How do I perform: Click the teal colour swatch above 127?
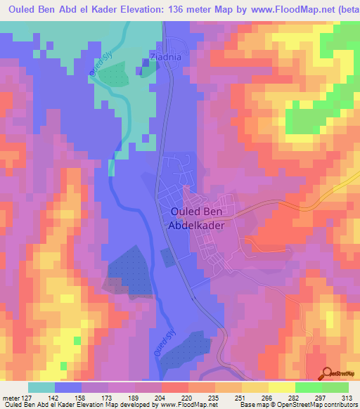point(41,387)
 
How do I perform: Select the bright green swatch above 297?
point(308,387)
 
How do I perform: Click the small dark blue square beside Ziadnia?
point(146,63)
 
